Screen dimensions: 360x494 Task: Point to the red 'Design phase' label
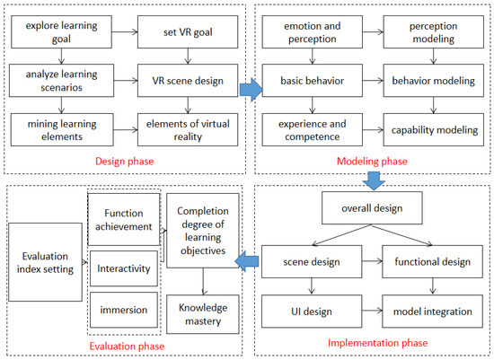pyautogui.click(x=126, y=161)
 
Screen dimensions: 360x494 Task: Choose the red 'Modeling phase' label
pyautogui.click(x=370, y=161)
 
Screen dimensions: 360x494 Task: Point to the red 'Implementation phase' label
pyautogui.click(x=370, y=344)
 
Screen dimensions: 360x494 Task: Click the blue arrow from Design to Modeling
pyautogui.click(x=254, y=89)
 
